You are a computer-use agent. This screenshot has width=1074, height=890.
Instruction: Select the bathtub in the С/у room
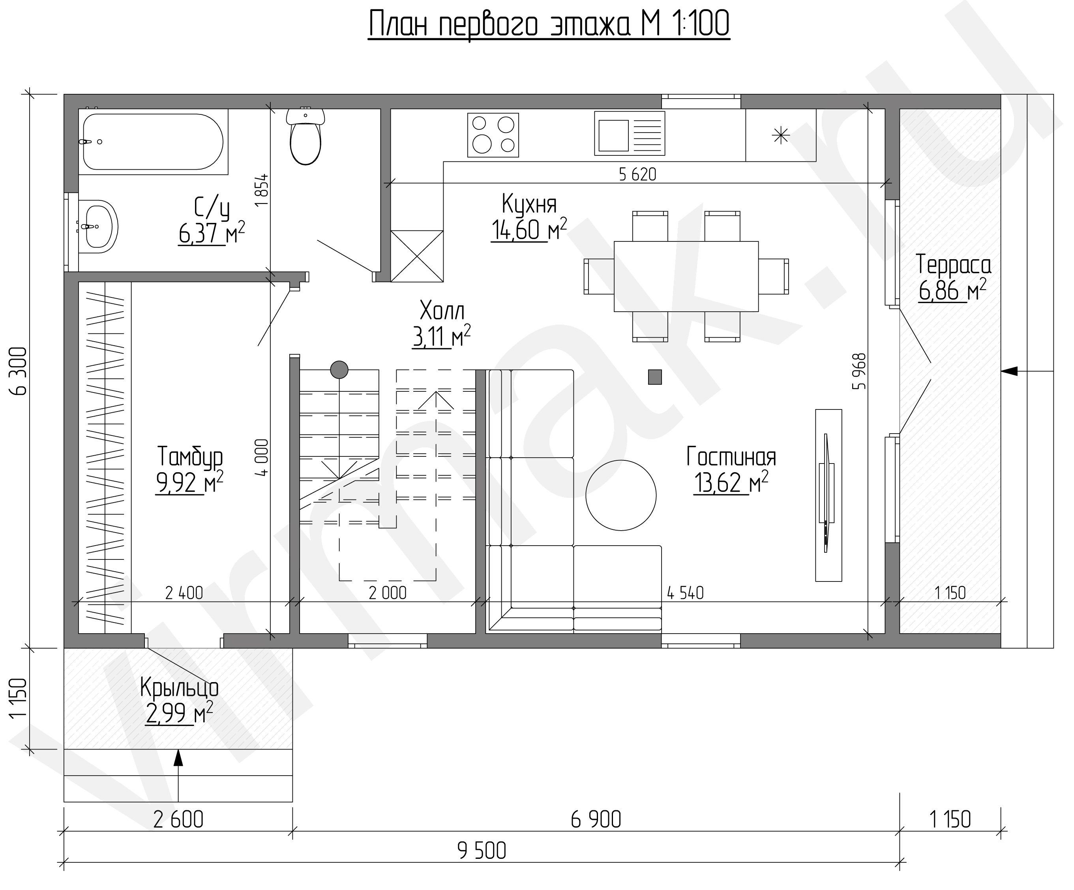click(x=153, y=142)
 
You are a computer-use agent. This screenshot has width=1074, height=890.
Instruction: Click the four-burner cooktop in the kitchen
click(x=493, y=135)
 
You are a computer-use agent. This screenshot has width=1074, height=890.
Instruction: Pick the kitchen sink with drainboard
click(x=630, y=133)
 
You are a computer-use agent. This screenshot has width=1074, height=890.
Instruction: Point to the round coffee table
click(x=621, y=495)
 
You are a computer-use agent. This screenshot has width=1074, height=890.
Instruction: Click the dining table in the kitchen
click(x=686, y=276)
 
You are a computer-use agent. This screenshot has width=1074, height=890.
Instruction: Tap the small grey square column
click(x=655, y=377)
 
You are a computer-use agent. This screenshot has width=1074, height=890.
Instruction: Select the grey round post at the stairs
click(x=339, y=369)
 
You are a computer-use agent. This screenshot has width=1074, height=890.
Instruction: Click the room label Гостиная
click(x=731, y=456)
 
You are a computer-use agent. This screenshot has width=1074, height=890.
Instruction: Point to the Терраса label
click(x=953, y=265)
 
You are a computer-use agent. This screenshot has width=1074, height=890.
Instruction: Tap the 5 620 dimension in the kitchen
click(x=637, y=174)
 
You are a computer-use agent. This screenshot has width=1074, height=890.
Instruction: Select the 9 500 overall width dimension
click(x=482, y=851)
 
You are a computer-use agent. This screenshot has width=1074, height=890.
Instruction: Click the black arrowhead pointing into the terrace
click(x=1009, y=371)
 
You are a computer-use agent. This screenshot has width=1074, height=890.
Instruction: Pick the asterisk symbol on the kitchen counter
click(x=781, y=135)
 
